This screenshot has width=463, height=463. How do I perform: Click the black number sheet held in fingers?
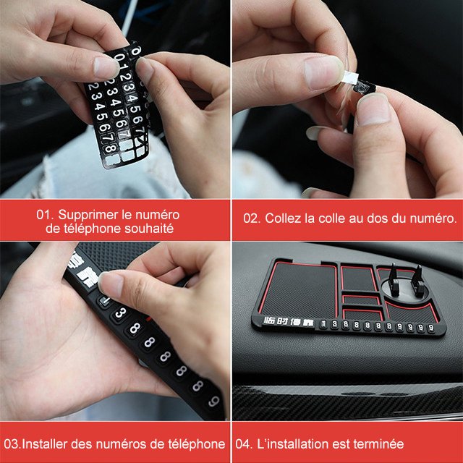click(116, 109)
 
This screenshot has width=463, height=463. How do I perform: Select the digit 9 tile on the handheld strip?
click(212, 401)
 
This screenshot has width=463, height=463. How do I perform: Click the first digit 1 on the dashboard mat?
click(325, 324)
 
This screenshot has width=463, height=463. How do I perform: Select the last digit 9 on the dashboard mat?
click(432, 327)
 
